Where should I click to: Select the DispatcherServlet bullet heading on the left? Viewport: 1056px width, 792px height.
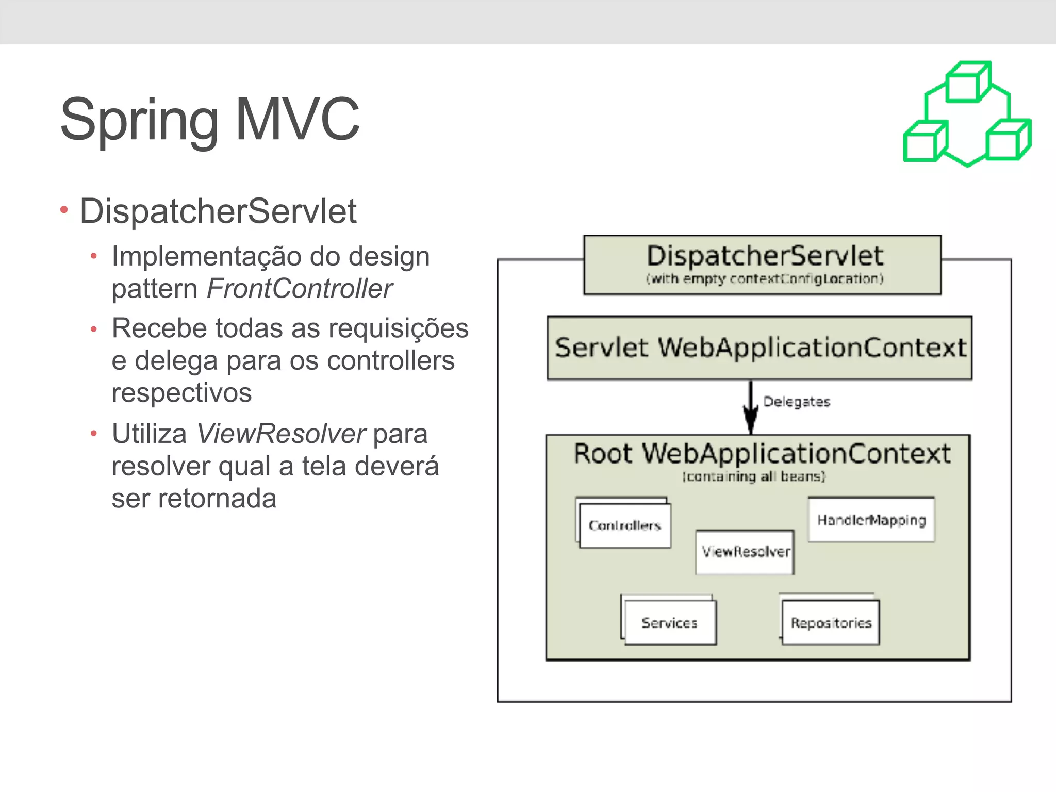click(x=218, y=211)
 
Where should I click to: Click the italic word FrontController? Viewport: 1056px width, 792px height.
click(x=299, y=288)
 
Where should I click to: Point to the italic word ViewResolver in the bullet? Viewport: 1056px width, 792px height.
click(x=282, y=434)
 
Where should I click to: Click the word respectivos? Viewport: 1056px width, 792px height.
click(x=181, y=393)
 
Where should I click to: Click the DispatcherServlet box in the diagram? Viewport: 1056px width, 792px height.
click(x=762, y=265)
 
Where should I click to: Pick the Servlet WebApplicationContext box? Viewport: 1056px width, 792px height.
click(x=760, y=348)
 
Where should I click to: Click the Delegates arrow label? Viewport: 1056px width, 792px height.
click(x=797, y=402)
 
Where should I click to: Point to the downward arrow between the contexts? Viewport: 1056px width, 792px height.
click(x=751, y=407)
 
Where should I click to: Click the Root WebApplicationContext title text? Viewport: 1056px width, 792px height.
click(x=762, y=454)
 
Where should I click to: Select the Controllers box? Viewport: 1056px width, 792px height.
click(x=625, y=525)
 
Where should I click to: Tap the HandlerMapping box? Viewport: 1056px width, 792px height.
click(x=871, y=520)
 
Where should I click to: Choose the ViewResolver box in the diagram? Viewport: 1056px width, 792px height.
click(x=745, y=552)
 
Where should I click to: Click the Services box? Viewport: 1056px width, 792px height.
click(x=669, y=623)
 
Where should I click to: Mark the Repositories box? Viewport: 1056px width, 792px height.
click(x=831, y=623)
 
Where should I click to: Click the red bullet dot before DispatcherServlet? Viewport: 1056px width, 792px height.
click(x=64, y=210)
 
